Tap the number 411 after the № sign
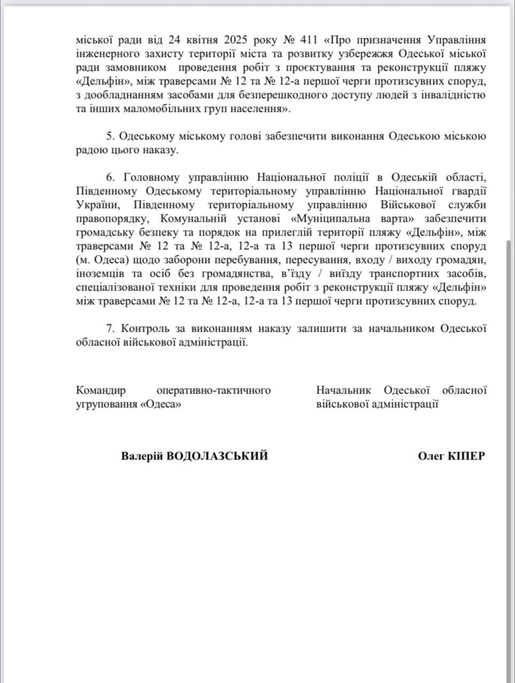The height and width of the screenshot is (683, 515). [313, 40]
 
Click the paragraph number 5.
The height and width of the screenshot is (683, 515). [108, 137]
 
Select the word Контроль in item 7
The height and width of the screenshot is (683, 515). [144, 329]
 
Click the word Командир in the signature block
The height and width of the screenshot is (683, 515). [101, 391]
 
